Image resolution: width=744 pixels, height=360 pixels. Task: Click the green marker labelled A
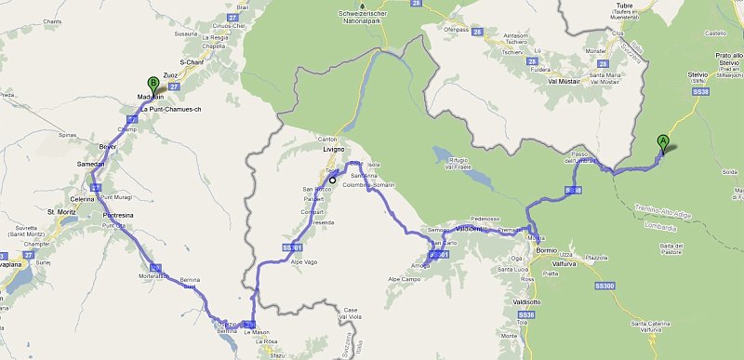point(663,142)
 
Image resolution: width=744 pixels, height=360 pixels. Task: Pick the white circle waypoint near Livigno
point(332,180)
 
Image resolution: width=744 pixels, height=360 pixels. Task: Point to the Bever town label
point(110,147)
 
